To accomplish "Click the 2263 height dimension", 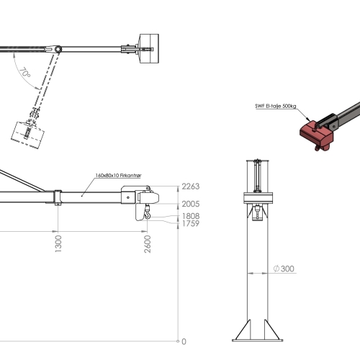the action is pyautogui.click(x=191, y=186).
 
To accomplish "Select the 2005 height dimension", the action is pyautogui.click(x=191, y=204).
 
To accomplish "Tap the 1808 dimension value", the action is pyautogui.click(x=191, y=216).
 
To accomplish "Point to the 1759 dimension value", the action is pyautogui.click(x=191, y=223).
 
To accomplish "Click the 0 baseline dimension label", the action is pyautogui.click(x=184, y=341).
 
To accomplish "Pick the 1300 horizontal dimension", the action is pyautogui.click(x=58, y=243).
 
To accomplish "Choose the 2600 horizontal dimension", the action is pyautogui.click(x=148, y=244).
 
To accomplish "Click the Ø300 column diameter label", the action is pyautogui.click(x=284, y=269).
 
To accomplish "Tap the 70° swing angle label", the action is pyautogui.click(x=25, y=73).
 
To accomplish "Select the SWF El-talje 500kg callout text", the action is pyautogui.click(x=276, y=106).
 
